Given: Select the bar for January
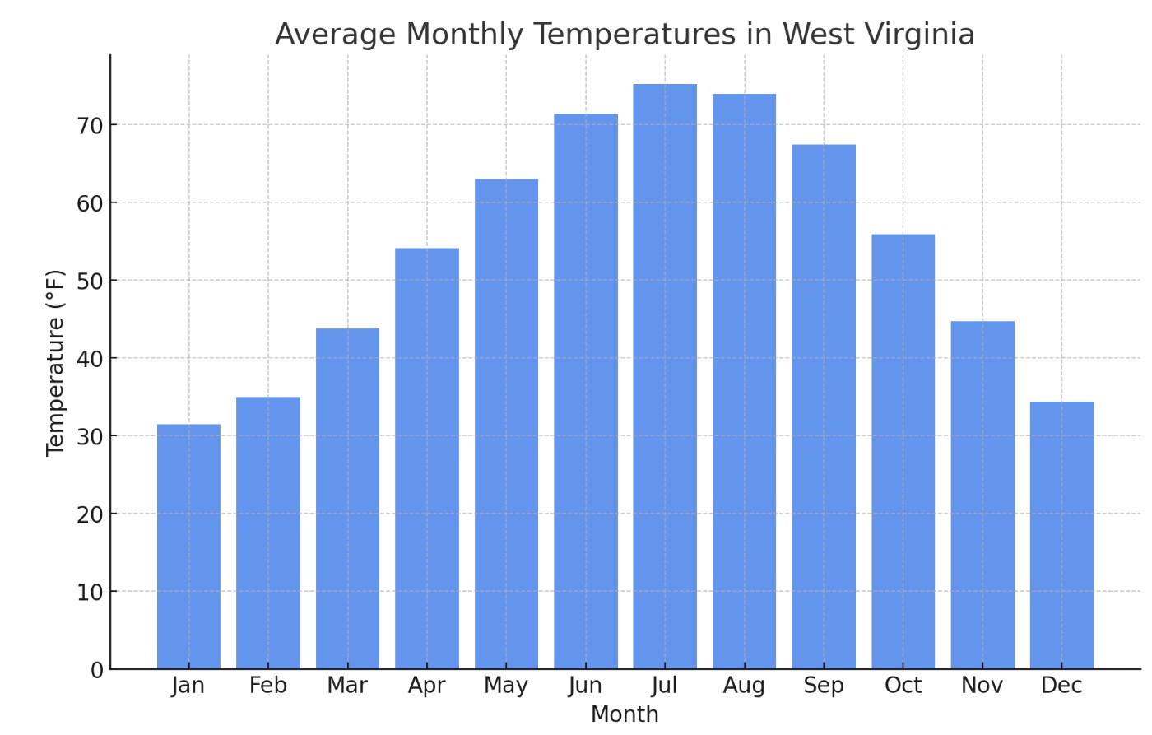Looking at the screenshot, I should [x=188, y=547].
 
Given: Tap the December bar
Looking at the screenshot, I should [x=1061, y=535].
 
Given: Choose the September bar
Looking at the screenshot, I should [x=824, y=407].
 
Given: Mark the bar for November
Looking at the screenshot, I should [x=982, y=495].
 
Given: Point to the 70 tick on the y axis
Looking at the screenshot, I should [x=90, y=125].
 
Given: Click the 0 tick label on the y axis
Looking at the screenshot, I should [x=97, y=670].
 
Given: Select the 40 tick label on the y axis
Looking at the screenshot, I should [x=90, y=359].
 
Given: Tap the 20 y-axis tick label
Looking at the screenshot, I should [x=90, y=514].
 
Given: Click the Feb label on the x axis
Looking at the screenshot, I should [x=268, y=686].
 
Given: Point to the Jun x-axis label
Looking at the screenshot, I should [x=585, y=686].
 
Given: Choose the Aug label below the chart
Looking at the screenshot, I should [x=744, y=686].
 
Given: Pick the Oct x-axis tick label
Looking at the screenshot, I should [x=903, y=686].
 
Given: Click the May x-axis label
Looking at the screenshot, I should [x=506, y=686].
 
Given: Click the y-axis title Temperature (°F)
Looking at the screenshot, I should [x=55, y=362].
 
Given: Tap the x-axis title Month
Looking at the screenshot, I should [x=625, y=714].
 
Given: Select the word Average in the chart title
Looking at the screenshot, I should [x=336, y=35].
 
